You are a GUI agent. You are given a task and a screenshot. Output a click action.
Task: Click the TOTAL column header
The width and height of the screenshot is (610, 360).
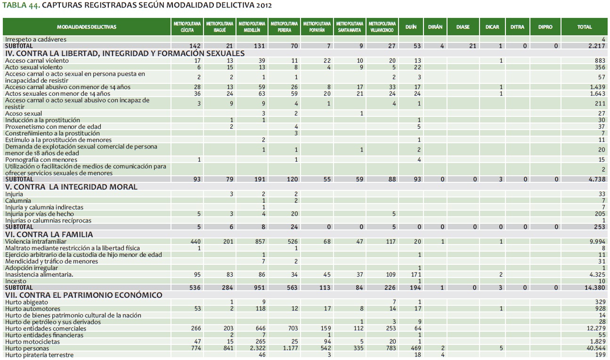click(x=584, y=27)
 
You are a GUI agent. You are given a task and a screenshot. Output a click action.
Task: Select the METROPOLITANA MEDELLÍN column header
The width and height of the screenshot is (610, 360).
click(x=251, y=27)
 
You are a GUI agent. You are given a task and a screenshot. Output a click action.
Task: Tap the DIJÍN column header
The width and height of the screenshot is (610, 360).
click(x=411, y=27)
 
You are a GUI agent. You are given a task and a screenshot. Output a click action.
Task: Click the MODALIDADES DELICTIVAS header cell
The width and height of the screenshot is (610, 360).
click(x=87, y=27)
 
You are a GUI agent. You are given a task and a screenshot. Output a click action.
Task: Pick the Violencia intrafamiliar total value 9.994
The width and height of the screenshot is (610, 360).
click(x=596, y=242)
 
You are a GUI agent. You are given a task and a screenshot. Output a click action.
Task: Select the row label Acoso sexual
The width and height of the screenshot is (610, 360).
click(x=24, y=114)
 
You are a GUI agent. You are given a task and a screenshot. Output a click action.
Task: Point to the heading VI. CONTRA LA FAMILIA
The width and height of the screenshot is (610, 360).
click(x=49, y=234)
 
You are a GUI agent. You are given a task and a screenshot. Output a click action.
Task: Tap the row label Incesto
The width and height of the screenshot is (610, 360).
click(x=16, y=281)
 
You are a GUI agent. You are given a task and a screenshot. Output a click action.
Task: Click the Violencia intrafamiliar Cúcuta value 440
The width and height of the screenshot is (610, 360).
click(x=195, y=242)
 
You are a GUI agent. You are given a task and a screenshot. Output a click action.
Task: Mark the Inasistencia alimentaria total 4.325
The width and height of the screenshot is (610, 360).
click(x=596, y=274)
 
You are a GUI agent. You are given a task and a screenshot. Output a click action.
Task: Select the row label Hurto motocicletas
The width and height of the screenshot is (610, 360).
click(x=33, y=342)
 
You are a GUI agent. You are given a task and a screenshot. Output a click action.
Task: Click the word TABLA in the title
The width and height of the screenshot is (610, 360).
click(x=14, y=6)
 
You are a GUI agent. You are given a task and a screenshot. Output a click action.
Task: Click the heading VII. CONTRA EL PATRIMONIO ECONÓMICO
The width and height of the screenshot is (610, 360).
click(x=84, y=295)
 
